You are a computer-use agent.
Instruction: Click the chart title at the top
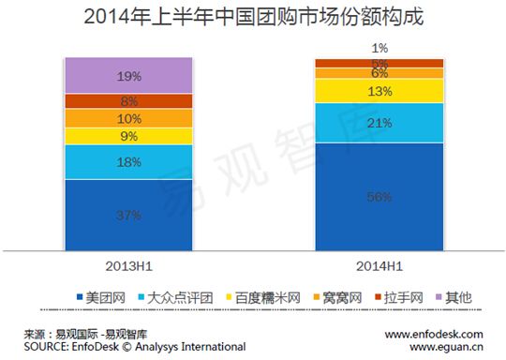[252, 17]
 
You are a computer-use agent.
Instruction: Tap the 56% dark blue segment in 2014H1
[379, 196]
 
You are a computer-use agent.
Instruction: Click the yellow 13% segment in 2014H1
[379, 90]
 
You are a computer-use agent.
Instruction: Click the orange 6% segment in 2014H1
[379, 73]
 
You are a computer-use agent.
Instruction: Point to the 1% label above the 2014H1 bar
[379, 47]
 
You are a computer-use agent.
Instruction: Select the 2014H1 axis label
[379, 265]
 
